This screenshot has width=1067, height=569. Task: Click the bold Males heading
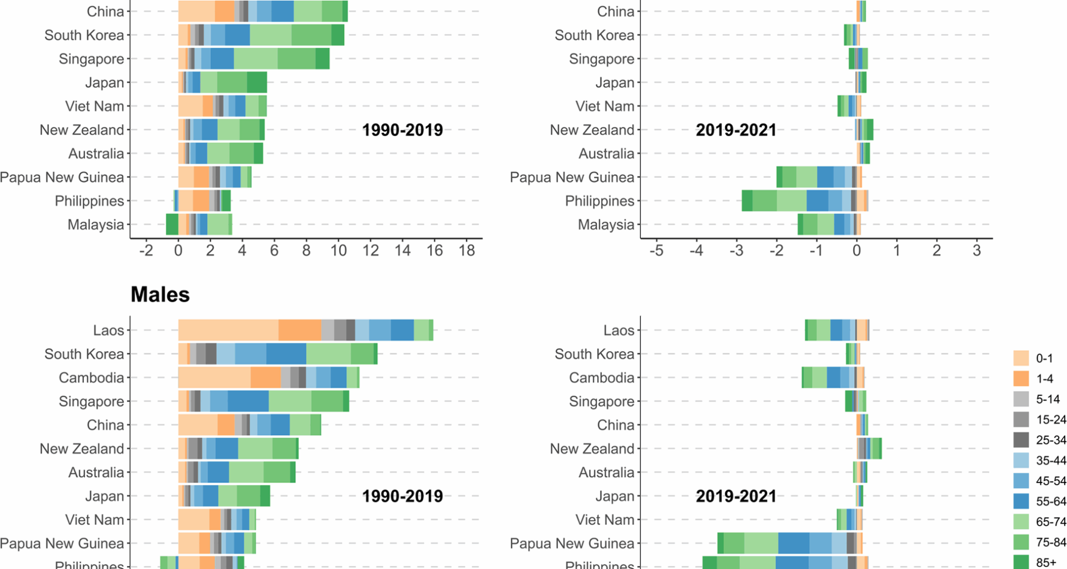click(x=160, y=295)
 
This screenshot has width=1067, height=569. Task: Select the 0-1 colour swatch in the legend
click(x=1021, y=358)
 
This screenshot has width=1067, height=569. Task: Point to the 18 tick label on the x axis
click(x=467, y=251)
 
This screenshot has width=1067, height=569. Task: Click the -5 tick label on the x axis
click(x=656, y=251)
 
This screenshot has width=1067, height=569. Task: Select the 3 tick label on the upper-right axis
click(x=977, y=251)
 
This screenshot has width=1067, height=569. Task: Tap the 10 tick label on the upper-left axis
click(x=338, y=251)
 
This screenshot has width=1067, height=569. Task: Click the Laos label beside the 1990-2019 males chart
click(x=108, y=331)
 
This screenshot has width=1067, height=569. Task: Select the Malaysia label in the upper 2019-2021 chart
click(x=606, y=224)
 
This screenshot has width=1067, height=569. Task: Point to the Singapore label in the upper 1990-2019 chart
click(x=91, y=59)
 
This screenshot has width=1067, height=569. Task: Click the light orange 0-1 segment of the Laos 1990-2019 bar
click(x=228, y=330)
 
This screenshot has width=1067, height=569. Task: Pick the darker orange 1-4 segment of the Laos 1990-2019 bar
click(x=300, y=330)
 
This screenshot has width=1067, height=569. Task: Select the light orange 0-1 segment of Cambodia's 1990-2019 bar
click(x=214, y=378)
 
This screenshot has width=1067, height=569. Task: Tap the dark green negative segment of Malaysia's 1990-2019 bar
click(x=172, y=224)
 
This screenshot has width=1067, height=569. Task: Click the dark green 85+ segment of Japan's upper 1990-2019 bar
click(x=257, y=82)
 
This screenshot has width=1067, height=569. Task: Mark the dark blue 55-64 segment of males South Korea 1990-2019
click(x=286, y=354)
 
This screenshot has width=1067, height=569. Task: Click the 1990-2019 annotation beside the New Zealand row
click(x=402, y=130)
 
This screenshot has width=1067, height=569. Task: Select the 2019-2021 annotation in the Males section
click(x=736, y=496)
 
